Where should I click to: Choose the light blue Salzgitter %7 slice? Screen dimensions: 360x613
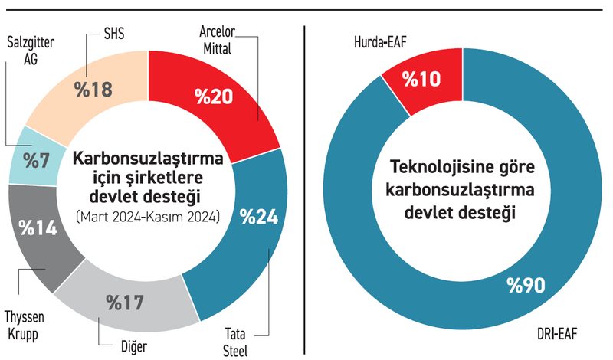[x=34, y=161]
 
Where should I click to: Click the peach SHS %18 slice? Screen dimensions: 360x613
[x=92, y=88]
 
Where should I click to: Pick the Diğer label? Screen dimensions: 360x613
[x=137, y=347]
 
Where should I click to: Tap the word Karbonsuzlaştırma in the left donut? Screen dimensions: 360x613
[x=149, y=160]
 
